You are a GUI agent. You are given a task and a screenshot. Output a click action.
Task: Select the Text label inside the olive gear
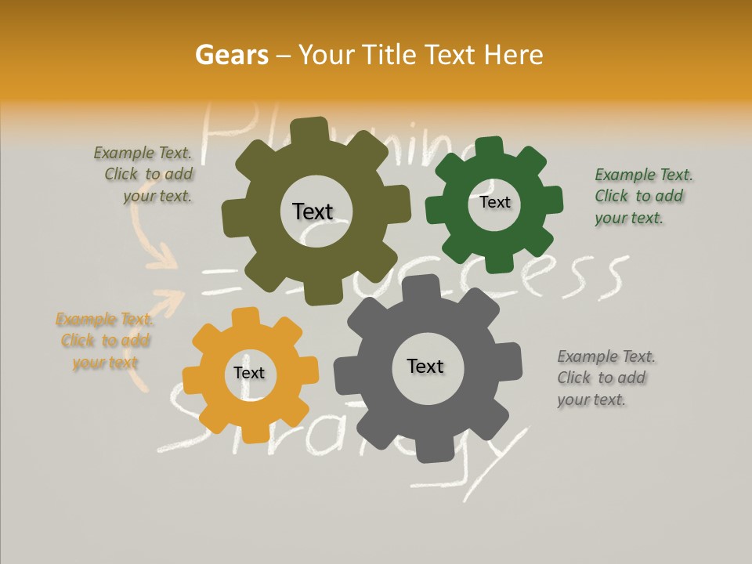coord(313,211)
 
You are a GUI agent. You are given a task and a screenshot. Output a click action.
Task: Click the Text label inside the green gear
coord(494,202)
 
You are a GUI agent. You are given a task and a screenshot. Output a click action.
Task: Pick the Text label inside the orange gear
coord(249,374)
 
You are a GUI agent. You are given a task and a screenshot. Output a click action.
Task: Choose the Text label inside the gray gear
coord(425,366)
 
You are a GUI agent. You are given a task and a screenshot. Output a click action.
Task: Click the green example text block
coord(642,196)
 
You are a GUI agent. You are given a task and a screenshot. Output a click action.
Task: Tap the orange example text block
coord(105,341)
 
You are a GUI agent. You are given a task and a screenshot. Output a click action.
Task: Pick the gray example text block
coord(606,378)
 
